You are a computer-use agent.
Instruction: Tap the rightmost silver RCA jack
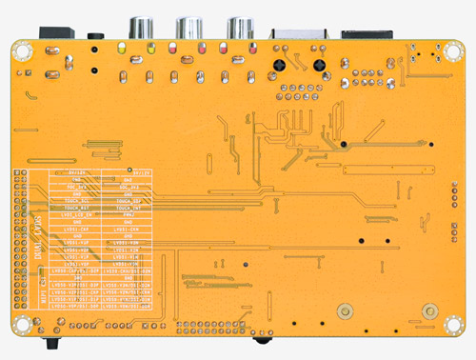click(239, 28)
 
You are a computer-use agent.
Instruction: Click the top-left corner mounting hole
click(21, 51)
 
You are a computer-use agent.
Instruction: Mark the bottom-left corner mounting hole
click(21, 328)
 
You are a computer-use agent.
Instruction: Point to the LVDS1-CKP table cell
click(76, 230)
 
